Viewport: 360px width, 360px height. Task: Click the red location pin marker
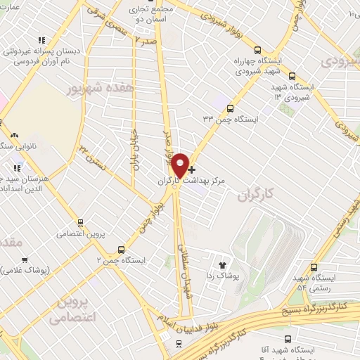point(180,165)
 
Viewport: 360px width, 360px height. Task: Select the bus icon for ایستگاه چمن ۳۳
point(231,109)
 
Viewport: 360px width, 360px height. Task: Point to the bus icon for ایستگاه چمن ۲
point(122,249)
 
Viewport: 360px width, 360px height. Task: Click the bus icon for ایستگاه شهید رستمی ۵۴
point(314,267)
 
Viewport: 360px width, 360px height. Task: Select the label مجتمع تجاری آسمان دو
point(152,12)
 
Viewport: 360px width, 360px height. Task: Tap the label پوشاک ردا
point(225,276)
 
